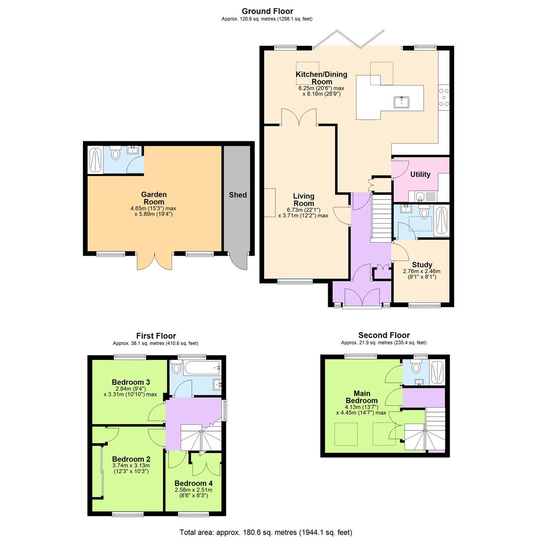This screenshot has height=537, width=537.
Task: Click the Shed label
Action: point(238,195)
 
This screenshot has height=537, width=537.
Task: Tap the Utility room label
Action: point(420,175)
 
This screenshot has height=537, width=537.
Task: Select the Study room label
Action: point(422,265)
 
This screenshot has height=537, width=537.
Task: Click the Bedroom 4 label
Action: point(193,483)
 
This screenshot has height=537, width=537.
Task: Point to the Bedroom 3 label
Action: point(131,382)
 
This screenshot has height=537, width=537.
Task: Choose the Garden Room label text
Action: point(154,198)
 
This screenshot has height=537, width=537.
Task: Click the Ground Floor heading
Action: point(267,11)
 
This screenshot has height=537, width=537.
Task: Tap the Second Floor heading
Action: point(384,335)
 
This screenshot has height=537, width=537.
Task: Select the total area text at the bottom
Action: point(266,532)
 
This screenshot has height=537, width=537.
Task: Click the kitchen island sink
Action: point(402,102)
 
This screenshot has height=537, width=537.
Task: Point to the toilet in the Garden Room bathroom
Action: point(116,154)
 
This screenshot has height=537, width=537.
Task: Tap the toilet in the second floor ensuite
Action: point(416,367)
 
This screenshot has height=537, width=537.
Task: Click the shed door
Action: point(239,262)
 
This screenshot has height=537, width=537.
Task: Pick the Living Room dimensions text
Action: point(303,213)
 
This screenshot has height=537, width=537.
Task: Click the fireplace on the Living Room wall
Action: point(270,202)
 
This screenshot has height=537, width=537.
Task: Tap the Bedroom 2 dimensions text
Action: point(131,468)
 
